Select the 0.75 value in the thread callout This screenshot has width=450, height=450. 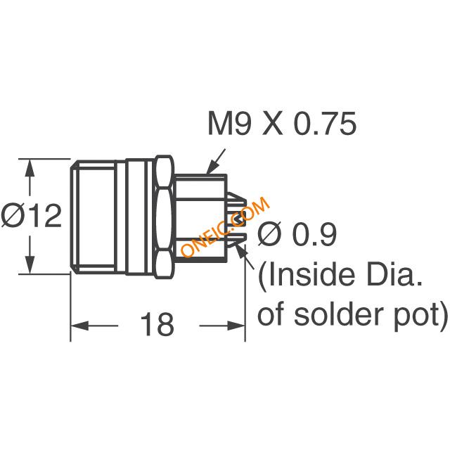326,124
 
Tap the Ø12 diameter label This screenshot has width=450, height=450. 31,215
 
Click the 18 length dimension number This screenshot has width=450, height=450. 157,325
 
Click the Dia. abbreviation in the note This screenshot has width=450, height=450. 394,275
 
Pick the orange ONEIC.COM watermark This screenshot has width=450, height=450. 225,226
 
